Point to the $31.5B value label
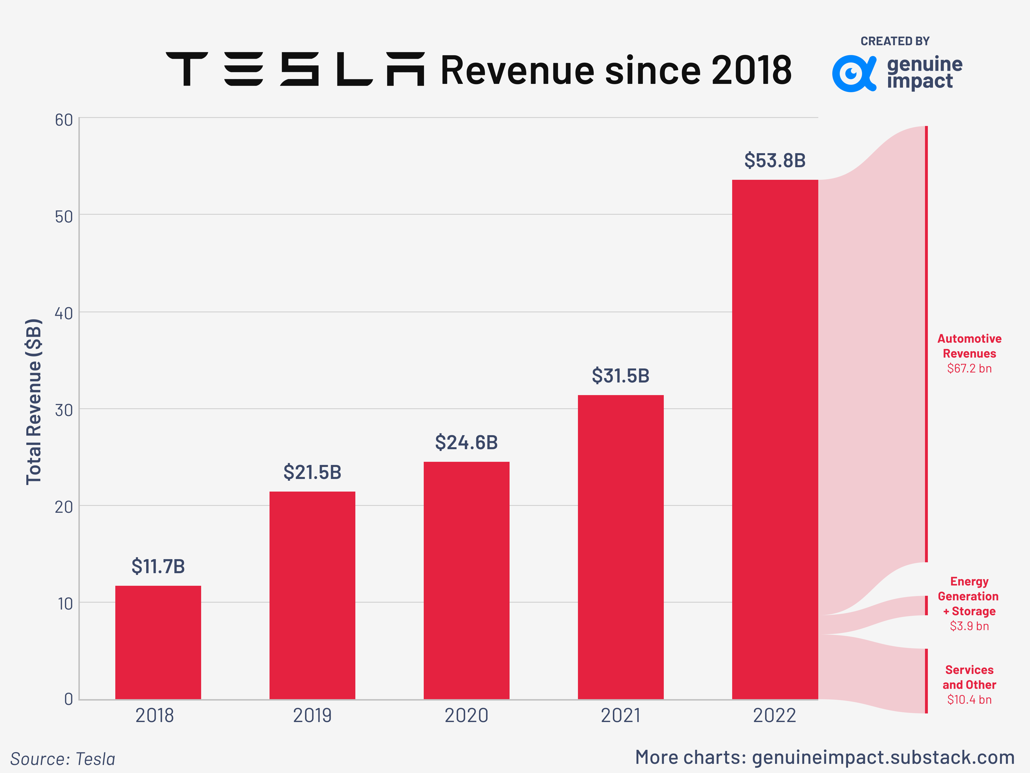tap(620, 376)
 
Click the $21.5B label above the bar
tap(312, 472)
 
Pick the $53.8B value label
tap(775, 160)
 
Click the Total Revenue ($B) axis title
tap(34, 402)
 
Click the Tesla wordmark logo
tap(295, 69)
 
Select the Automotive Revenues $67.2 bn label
tap(969, 353)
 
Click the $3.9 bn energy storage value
tap(969, 626)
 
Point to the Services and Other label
tap(969, 677)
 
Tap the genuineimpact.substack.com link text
tap(883, 757)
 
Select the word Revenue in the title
tap(517, 71)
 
